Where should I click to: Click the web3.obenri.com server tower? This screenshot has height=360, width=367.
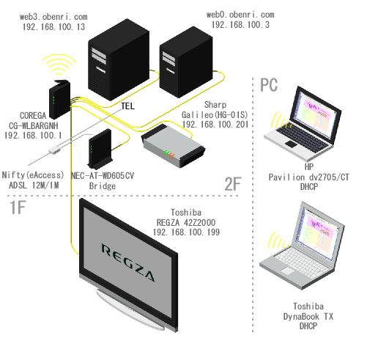119,60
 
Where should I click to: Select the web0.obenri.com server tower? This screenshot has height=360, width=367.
186,63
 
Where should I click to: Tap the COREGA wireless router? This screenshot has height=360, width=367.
59,99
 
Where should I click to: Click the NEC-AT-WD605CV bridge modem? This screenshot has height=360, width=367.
100,149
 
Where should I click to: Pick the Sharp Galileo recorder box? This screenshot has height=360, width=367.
173,146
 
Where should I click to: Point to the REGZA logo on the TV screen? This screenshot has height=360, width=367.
128,262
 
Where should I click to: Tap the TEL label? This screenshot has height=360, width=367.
128,106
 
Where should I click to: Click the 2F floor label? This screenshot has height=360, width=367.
233,184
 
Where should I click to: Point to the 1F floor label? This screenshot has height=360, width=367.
18,207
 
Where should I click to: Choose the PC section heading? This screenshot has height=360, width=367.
269,85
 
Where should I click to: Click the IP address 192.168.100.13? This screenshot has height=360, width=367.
53,27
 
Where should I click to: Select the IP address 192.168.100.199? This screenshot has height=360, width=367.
186,232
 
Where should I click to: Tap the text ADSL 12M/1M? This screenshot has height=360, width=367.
34,185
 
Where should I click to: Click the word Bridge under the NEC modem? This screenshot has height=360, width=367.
103,186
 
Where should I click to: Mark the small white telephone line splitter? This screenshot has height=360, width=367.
54,150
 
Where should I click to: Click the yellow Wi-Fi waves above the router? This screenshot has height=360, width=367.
59,65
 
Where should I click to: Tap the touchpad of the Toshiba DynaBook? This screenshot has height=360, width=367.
287,271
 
